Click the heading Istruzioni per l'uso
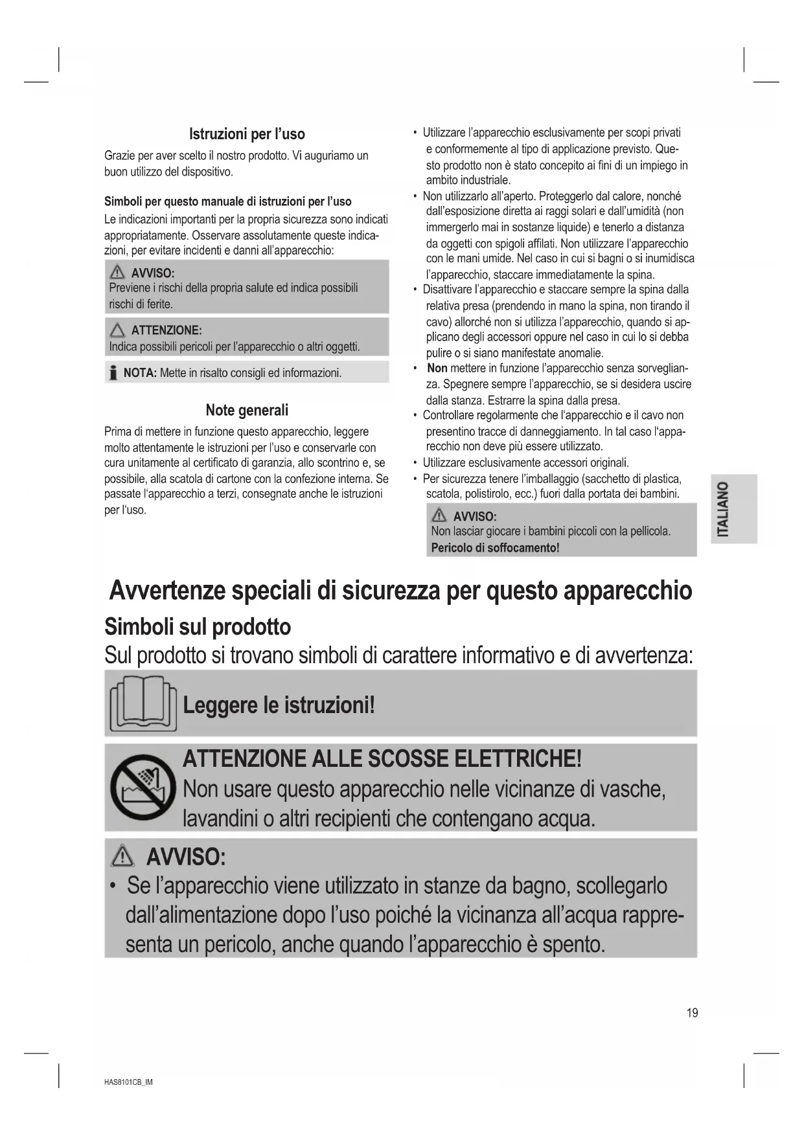coord(247,134)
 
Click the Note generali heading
coord(247,410)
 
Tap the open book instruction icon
coord(143,704)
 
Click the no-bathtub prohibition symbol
coord(143,787)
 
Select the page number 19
coord(692,1013)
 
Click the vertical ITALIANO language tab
coord(724,509)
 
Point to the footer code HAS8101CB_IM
coord(128,1082)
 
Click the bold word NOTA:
coord(140,373)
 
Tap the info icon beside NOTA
coord(113,372)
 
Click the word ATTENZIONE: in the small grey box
coord(167,330)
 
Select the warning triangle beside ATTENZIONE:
coord(117,330)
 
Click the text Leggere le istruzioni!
coord(279,705)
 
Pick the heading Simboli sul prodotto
coord(198,627)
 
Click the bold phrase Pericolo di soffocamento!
coord(495,548)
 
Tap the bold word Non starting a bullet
coord(437,369)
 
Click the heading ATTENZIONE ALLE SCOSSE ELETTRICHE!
coord(382,758)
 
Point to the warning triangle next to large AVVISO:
coord(122,858)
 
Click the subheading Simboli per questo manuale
coord(228,201)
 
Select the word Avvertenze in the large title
coord(167,591)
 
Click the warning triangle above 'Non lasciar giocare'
coord(439,516)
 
